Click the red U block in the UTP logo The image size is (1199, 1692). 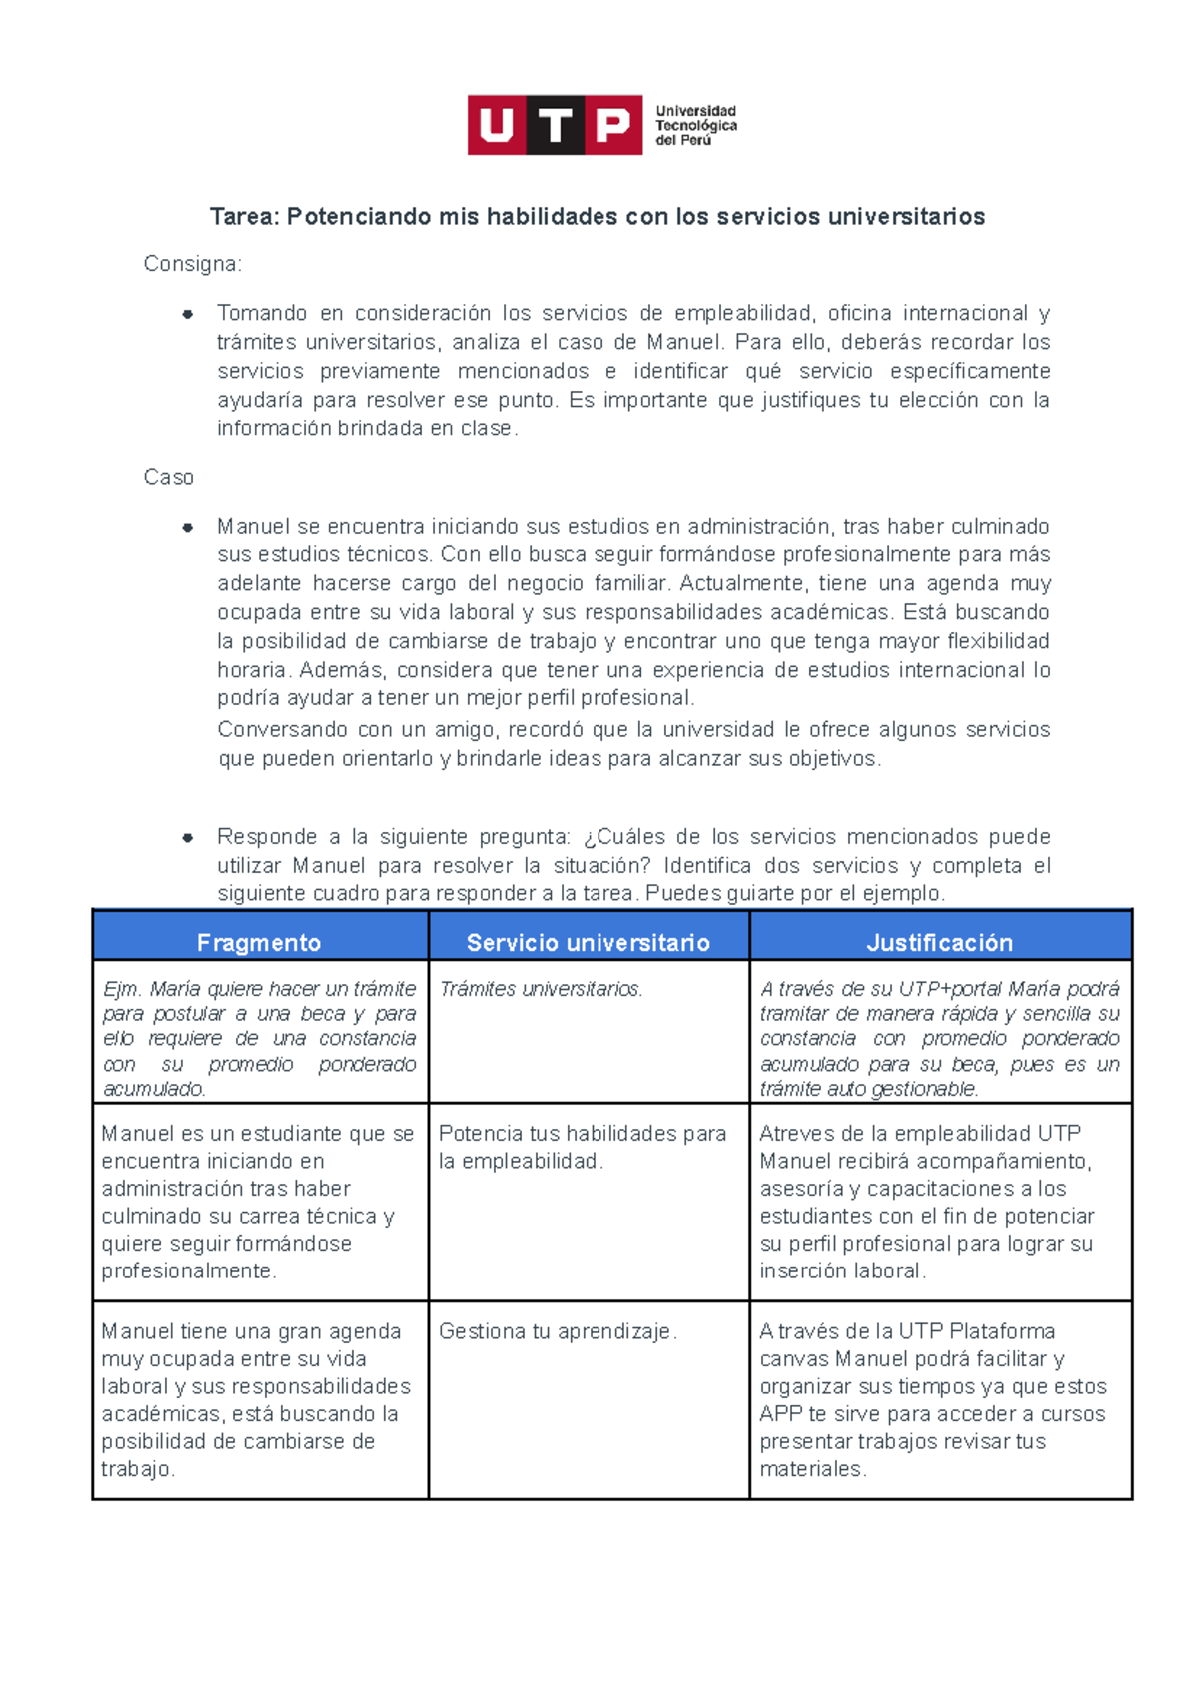coord(497,125)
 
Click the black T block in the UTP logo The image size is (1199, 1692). coord(556,125)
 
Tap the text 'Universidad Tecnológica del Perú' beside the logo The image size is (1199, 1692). coord(695,126)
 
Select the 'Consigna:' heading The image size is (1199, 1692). coord(192,264)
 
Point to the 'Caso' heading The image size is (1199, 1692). coord(168,477)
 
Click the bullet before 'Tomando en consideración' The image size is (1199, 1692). coord(187,314)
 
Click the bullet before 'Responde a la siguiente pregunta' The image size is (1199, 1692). coord(187,837)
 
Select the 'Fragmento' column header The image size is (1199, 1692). coord(259,942)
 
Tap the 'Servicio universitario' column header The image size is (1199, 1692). coord(588,942)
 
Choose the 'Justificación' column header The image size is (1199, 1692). coord(939,942)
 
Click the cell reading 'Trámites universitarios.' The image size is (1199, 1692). coord(541,989)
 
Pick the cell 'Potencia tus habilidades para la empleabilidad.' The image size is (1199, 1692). coord(582,1147)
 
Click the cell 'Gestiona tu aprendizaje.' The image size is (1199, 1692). coord(558,1331)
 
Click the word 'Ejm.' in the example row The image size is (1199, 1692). coord(121,989)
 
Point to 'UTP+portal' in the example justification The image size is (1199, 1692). coord(951,989)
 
